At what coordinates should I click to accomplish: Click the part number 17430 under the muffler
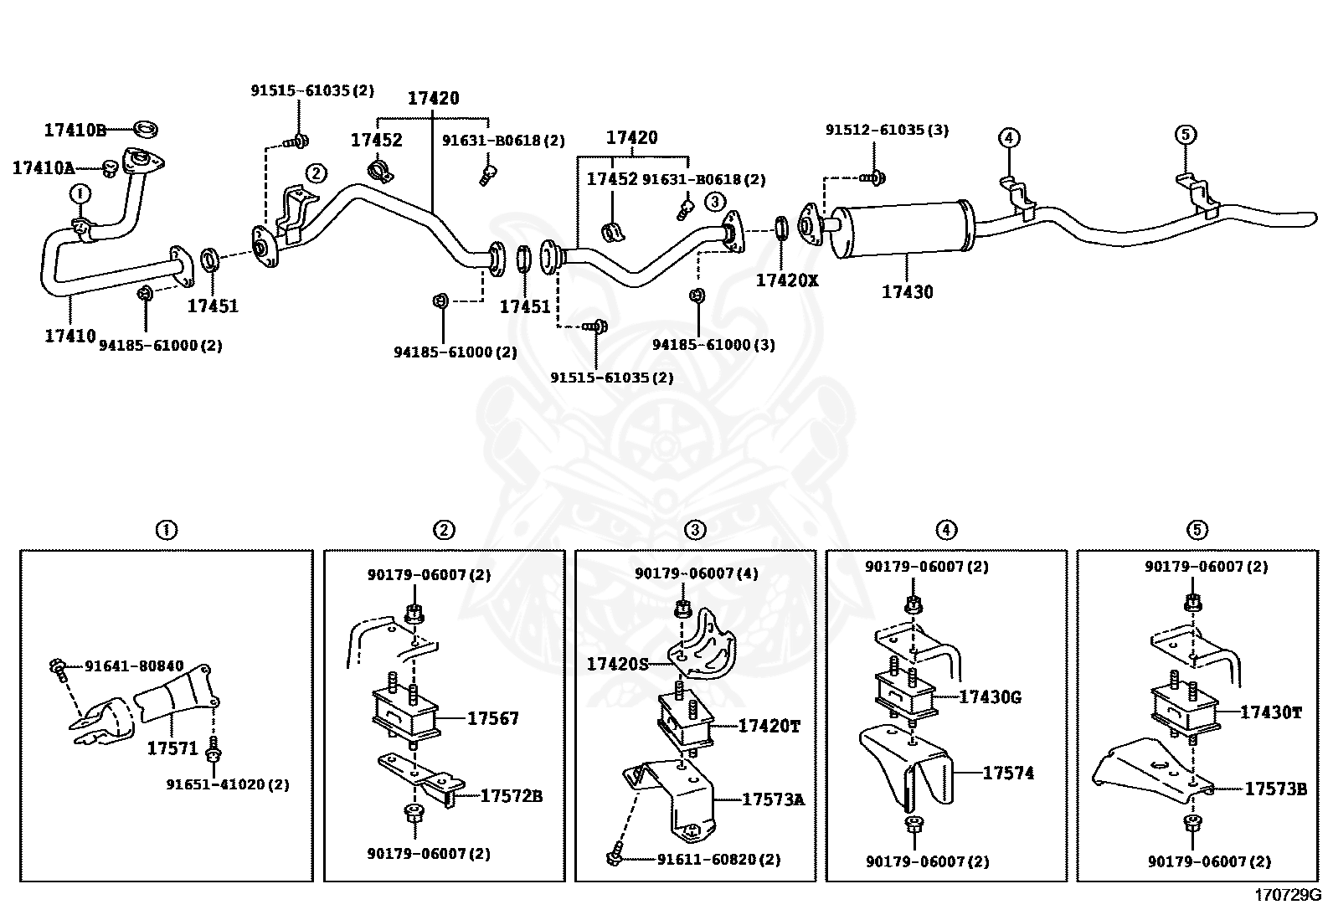coord(907,292)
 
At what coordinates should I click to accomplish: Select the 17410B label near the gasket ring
coord(75,130)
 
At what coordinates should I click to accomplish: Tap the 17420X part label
coord(786,280)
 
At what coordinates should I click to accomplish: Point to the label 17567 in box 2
coord(492,718)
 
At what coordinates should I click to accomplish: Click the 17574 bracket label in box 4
coord(1008,773)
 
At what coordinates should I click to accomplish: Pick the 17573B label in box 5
coord(1274,789)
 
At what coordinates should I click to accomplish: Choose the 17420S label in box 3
coord(618,664)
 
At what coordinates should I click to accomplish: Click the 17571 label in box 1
coord(172,748)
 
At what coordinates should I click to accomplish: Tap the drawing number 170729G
coord(1287,895)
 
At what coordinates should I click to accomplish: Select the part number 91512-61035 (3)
coord(887,130)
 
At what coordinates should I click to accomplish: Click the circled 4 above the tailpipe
coord(1009,137)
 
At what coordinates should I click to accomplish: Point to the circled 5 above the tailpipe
coord(1186,134)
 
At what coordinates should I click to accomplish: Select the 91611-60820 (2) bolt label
coord(718,860)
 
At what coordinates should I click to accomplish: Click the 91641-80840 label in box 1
coord(134,666)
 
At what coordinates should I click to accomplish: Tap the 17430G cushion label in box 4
coord(990,696)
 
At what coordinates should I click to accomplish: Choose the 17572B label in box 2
coord(511,795)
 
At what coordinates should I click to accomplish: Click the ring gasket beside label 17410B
coord(148,130)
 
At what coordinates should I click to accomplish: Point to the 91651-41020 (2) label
coord(227,784)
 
